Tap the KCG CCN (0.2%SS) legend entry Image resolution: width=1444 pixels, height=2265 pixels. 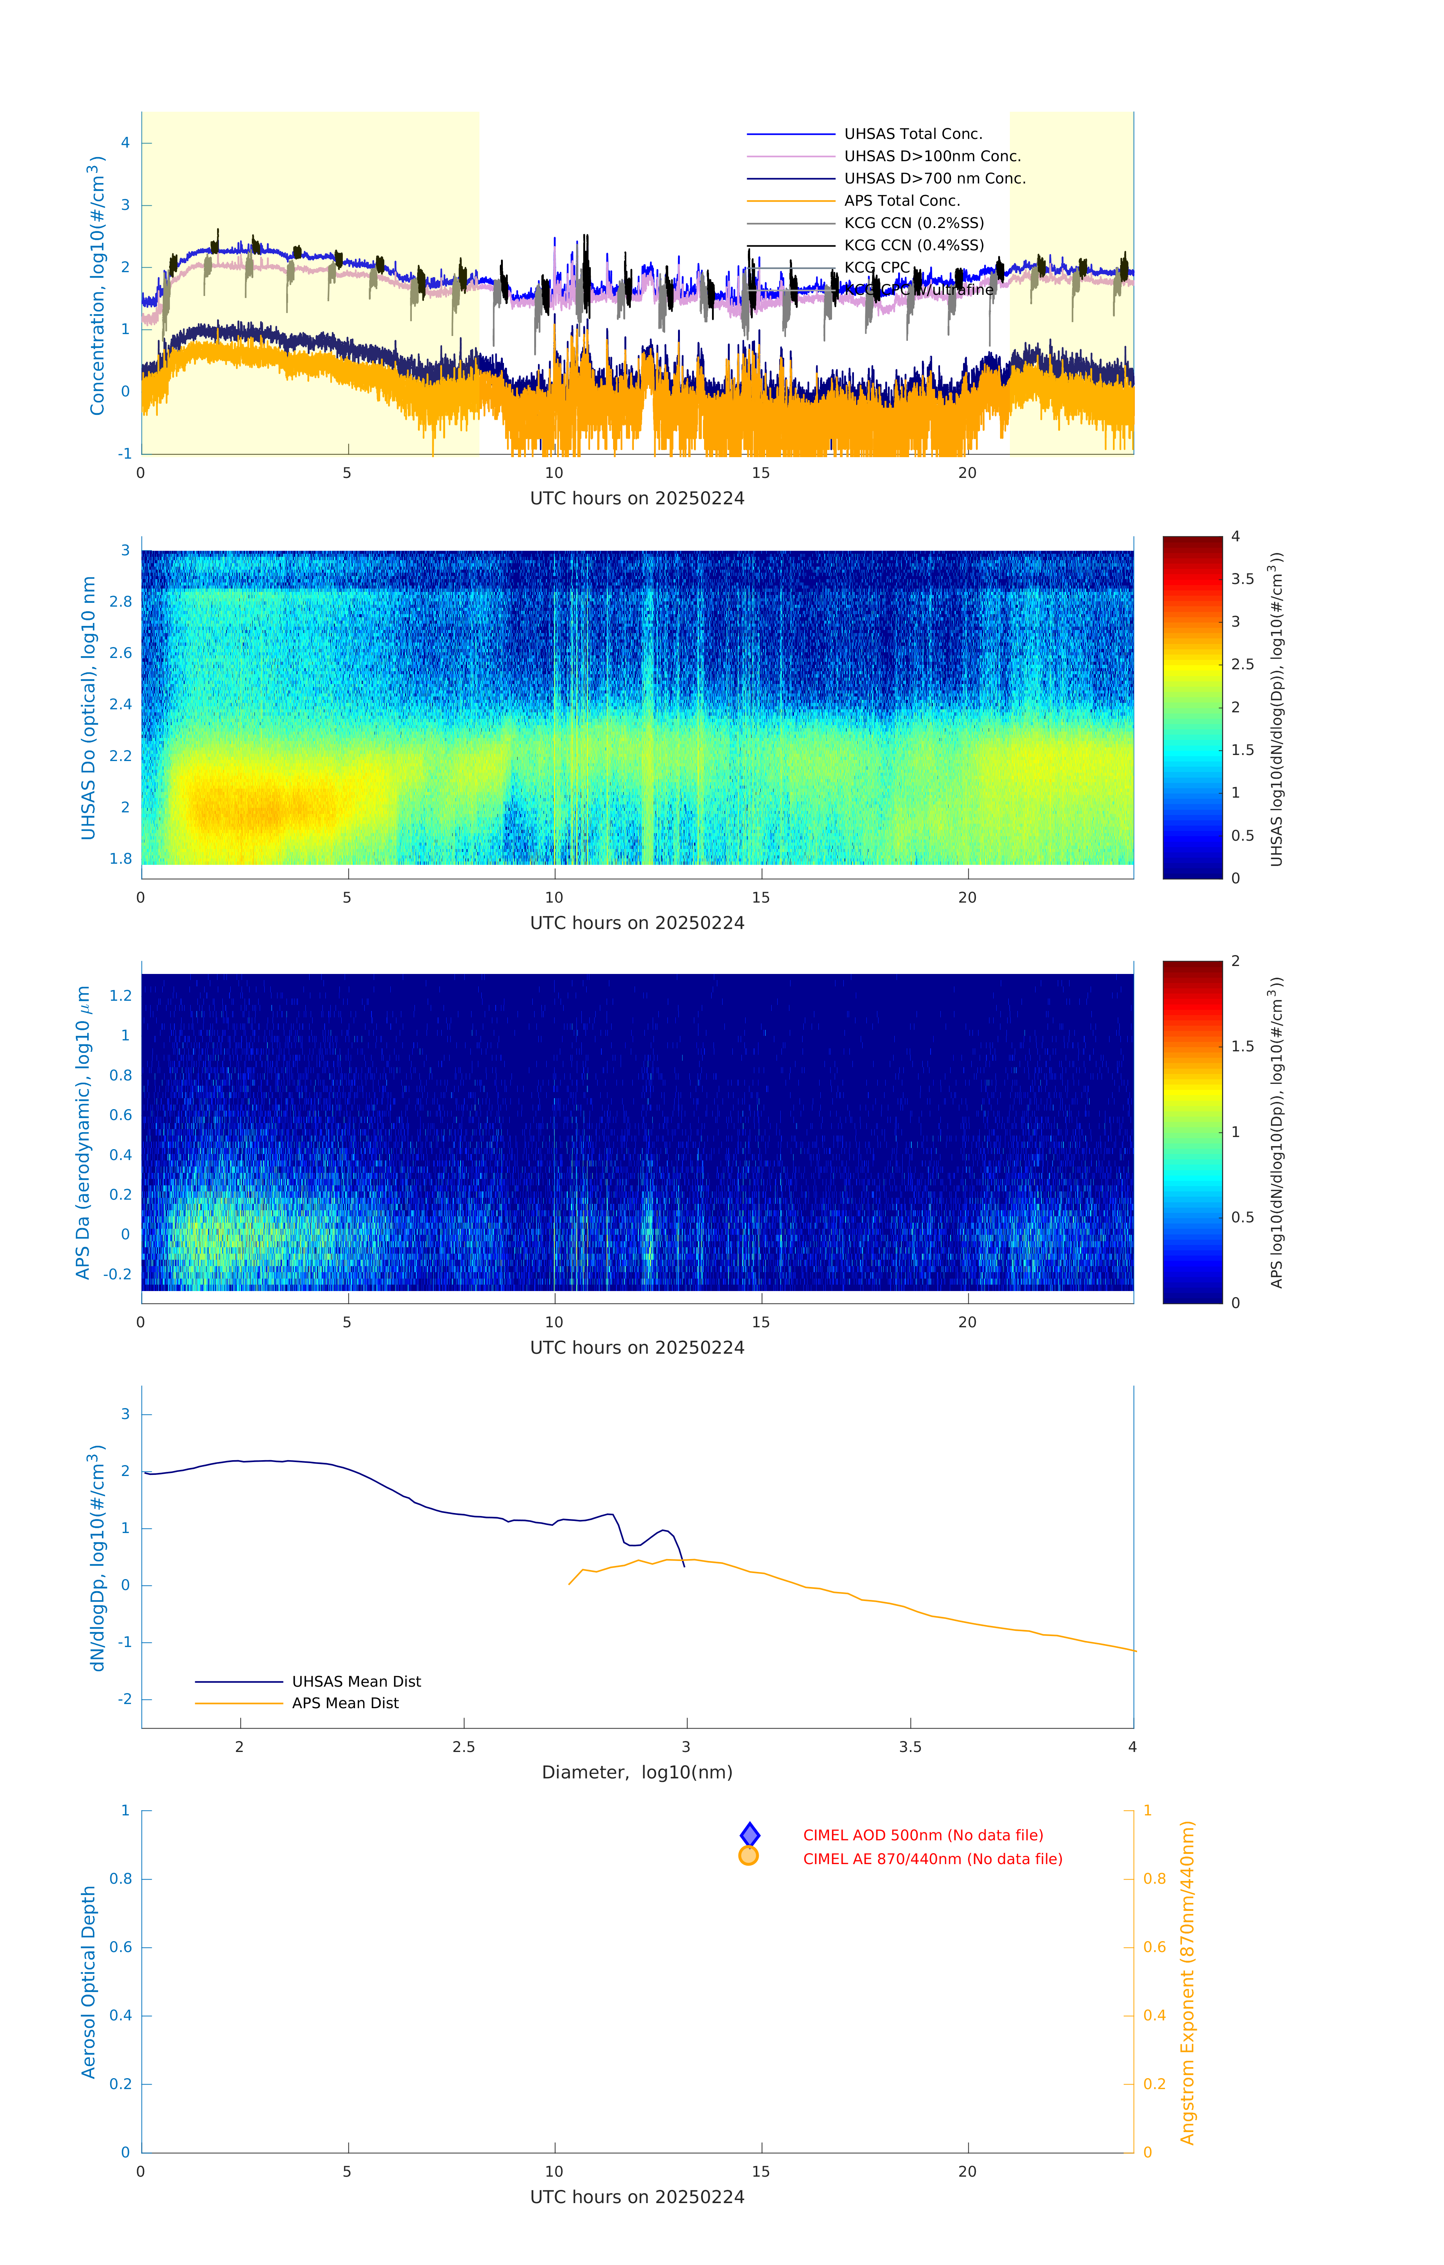coord(914,223)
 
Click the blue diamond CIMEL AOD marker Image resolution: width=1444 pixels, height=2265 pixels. coord(750,1834)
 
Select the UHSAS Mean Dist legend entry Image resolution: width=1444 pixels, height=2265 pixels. coord(356,1681)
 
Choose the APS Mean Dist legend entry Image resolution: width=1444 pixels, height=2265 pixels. coord(344,1703)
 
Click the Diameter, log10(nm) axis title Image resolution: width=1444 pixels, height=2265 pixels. coord(637,1772)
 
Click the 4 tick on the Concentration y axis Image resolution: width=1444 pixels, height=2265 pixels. coord(125,143)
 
